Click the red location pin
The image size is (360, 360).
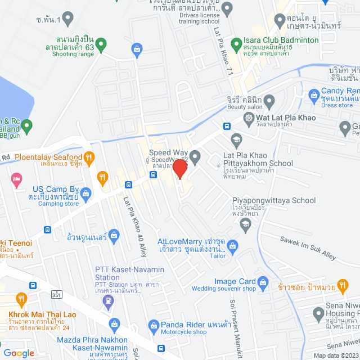pos(180,168)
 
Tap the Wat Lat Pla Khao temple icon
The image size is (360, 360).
pos(249,118)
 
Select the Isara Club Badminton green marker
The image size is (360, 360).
pos(236,40)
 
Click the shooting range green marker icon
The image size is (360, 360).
pos(101,43)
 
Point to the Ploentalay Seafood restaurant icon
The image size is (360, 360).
pos(89,157)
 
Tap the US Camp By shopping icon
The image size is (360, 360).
pos(85,194)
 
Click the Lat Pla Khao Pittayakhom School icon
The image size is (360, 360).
pos(236,139)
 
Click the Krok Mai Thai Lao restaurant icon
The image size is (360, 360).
pos(22,299)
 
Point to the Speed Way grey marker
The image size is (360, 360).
pos(195,157)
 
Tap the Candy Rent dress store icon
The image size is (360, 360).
pos(314,94)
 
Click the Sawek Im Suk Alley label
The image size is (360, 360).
pos(308,247)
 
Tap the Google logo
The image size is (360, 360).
pos(18,353)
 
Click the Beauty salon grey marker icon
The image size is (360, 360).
pos(269,101)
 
